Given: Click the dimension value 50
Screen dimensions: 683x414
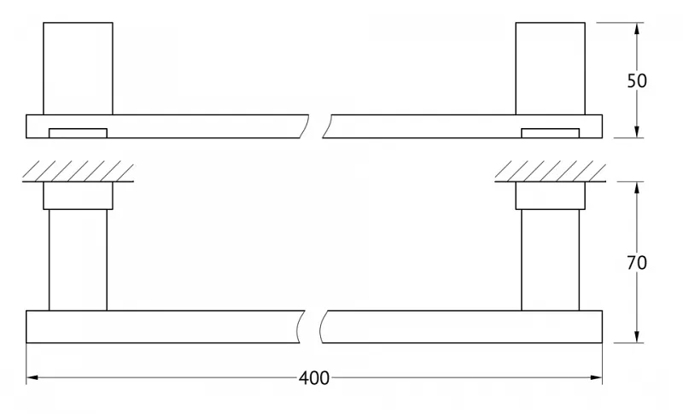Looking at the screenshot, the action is pyautogui.click(x=637, y=81).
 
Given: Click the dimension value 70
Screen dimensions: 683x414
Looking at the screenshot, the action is pyautogui.click(x=637, y=263).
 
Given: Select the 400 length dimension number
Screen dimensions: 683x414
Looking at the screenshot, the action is pyautogui.click(x=314, y=378).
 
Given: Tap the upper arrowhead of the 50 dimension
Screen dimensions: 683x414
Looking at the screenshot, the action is pyautogui.click(x=637, y=29).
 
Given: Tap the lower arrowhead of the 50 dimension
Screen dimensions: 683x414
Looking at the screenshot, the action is pyautogui.click(x=637, y=131).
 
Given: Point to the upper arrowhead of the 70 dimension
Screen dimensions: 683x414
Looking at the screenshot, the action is pyautogui.click(x=637, y=188).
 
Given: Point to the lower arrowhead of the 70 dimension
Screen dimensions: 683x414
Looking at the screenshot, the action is pyautogui.click(x=637, y=336).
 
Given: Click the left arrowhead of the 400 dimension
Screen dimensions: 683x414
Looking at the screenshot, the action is pyautogui.click(x=32, y=377).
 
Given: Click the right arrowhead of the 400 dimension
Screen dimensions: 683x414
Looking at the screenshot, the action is pyautogui.click(x=596, y=377).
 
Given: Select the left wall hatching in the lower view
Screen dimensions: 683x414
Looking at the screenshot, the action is pyautogui.click(x=78, y=171).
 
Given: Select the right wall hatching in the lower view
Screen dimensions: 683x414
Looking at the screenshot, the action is pyautogui.click(x=550, y=171).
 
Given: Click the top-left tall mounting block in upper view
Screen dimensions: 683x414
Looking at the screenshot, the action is pyautogui.click(x=78, y=69).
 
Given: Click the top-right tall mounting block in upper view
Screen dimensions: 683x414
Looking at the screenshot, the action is pyautogui.click(x=550, y=69).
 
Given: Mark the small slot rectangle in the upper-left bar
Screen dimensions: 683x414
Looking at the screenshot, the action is pyautogui.click(x=78, y=133).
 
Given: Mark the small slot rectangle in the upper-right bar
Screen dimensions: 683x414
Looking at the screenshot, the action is pyautogui.click(x=550, y=133).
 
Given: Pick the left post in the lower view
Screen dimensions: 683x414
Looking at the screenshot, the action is pyautogui.click(x=78, y=259).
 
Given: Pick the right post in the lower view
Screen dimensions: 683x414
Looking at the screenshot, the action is pyautogui.click(x=550, y=259).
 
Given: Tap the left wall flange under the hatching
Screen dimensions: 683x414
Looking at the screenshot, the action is pyautogui.click(x=78, y=195).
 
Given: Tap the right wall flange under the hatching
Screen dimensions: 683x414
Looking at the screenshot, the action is pyautogui.click(x=550, y=195).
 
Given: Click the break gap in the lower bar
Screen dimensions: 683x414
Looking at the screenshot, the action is pyautogui.click(x=312, y=326).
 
